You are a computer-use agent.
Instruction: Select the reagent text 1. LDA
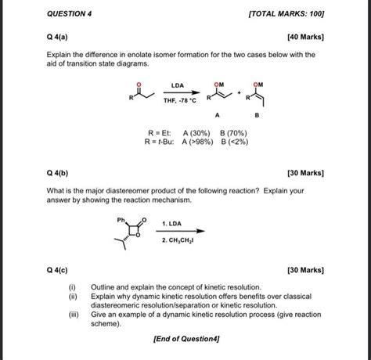pyautogui.click(x=173, y=225)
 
